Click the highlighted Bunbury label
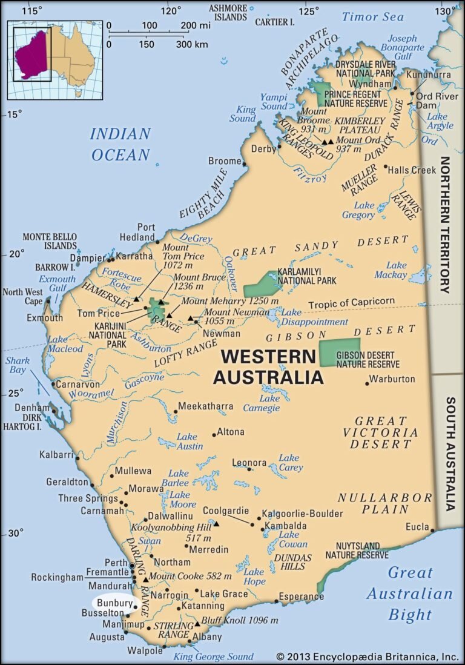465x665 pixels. tap(114, 603)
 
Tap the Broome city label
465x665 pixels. tap(225, 161)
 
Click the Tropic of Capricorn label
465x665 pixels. tap(351, 302)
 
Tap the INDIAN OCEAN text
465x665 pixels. tap(120, 144)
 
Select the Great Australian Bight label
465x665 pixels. tap(410, 593)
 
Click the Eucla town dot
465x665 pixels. tap(433, 531)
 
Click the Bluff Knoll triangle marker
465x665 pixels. tap(197, 624)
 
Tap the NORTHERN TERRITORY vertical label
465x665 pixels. tap(445, 225)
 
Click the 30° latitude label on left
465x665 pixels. tap(16, 534)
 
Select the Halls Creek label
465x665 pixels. tap(415, 170)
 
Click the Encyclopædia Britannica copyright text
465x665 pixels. tap(368, 657)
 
